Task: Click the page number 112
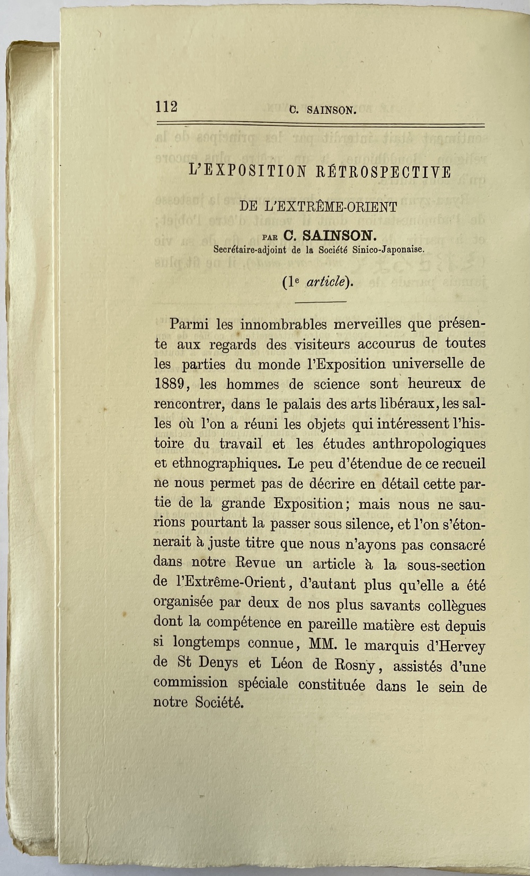166,106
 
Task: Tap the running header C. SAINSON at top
322,111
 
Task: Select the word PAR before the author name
270,236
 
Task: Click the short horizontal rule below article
321,302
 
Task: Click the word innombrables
276,324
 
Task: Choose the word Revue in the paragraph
257,563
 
